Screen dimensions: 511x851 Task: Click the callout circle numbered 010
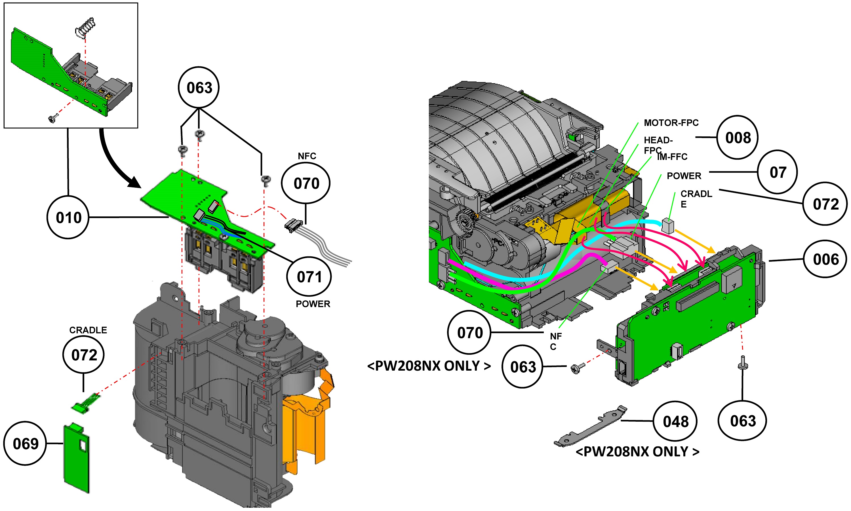tap(68, 217)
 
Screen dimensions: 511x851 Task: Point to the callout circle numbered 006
tap(825, 259)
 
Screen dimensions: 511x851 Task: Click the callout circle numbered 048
tap(675, 421)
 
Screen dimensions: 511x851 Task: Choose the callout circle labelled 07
tap(777, 172)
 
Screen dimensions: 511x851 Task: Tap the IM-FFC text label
tap(672, 157)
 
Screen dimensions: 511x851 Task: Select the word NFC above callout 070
tap(307, 156)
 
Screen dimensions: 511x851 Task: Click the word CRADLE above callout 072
tap(88, 330)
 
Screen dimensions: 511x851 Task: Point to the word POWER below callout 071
tap(313, 304)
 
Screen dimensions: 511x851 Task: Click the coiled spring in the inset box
tap(85, 28)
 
